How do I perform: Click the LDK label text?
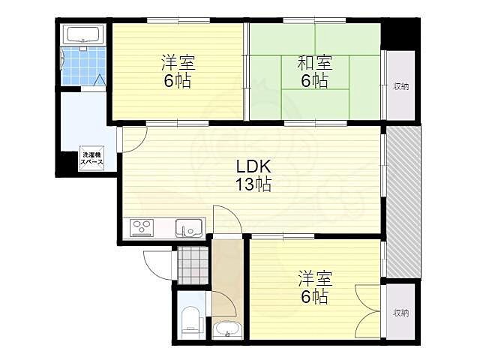click(253, 166)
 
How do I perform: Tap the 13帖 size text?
click(253, 184)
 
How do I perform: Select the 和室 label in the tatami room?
click(315, 63)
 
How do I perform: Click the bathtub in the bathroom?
click(83, 34)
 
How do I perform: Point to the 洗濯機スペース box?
click(91, 158)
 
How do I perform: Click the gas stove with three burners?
click(142, 228)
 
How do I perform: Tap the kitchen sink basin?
click(189, 228)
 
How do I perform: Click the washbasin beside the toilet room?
click(227, 330)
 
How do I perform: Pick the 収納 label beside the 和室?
click(400, 87)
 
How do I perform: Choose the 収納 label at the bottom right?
click(400, 313)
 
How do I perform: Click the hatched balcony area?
click(403, 202)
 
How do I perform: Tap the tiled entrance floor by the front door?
click(193, 265)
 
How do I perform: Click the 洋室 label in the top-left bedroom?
click(178, 62)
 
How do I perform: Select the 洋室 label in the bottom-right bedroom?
click(315, 278)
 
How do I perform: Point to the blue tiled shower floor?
click(83, 65)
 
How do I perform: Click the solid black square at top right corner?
click(400, 33)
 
